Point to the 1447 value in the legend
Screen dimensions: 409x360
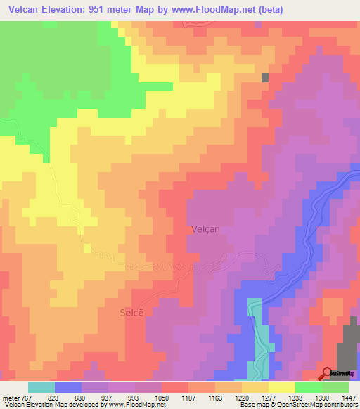coord(347,397)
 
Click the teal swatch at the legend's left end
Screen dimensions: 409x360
coord(41,387)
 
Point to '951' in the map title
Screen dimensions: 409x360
coord(110,9)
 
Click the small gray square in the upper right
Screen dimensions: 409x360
coord(265,78)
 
